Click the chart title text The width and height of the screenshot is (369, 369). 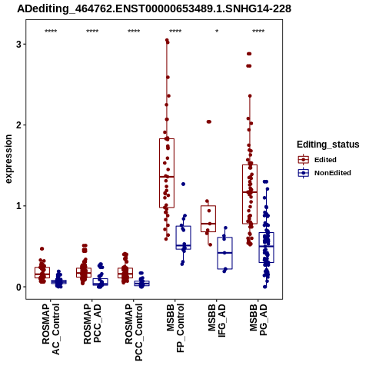coord(154,8)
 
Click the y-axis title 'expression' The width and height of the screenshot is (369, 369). coord(8,159)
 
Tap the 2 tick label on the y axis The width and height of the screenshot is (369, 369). coord(18,125)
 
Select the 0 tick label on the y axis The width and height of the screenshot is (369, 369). coord(18,287)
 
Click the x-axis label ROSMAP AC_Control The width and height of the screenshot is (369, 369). coord(51,329)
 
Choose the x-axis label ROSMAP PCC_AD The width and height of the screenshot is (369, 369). coord(92,324)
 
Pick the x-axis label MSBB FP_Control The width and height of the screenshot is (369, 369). coord(175,328)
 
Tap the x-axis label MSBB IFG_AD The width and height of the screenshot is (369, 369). coord(217,321)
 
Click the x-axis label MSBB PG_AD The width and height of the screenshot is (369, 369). coord(258,320)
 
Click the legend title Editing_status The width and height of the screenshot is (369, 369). coord(328,145)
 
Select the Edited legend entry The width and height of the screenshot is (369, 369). coord(317,160)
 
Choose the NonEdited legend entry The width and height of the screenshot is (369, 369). coord(324,173)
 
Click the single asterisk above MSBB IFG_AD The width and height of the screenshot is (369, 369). coord(217,32)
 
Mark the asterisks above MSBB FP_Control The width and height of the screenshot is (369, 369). coord(175,32)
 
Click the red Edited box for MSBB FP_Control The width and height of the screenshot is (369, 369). coord(167,173)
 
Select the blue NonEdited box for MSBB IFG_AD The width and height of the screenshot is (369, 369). coord(224,253)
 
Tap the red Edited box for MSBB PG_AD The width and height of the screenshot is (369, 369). coord(250,194)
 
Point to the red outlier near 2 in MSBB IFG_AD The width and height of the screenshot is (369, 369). coord(209,121)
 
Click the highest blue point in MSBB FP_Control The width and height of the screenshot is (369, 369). coord(183,184)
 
